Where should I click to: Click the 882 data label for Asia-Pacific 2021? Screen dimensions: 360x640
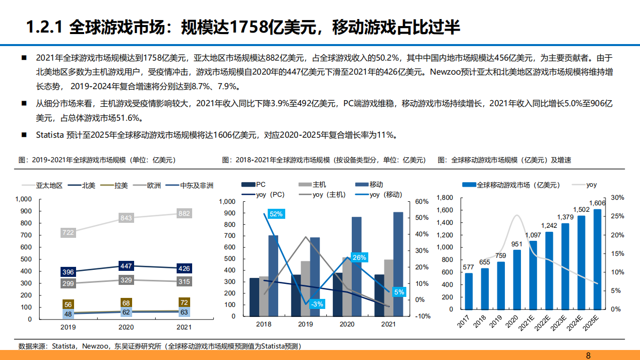coord(184,214)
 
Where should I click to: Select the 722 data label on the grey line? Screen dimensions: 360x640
coord(68,233)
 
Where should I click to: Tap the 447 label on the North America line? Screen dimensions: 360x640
coord(126,266)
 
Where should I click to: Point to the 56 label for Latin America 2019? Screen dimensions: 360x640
coord(68,304)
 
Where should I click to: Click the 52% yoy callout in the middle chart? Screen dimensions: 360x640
coord(276,214)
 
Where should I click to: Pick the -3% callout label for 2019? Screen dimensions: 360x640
coord(316,304)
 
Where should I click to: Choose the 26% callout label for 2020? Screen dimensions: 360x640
coord(359,257)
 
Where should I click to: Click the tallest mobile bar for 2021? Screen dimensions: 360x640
coord(398,265)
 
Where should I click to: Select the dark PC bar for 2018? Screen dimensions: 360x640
coord(254,297)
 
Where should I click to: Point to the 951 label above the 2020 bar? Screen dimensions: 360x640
coord(517,244)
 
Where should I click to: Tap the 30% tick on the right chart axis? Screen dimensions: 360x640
coord(617,198)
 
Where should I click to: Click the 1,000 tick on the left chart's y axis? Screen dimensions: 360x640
coord(24,199)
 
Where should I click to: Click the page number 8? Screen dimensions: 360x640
coord(588,355)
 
